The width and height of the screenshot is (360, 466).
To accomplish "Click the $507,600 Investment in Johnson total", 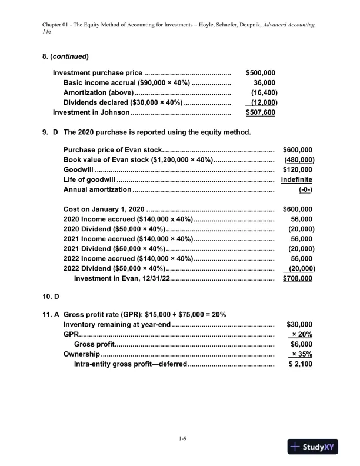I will point(261,113).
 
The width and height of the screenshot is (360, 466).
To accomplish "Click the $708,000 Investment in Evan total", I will point(298,279).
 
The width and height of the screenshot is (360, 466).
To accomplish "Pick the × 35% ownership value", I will point(302,354).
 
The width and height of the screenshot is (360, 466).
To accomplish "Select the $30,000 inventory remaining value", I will point(299,324).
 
